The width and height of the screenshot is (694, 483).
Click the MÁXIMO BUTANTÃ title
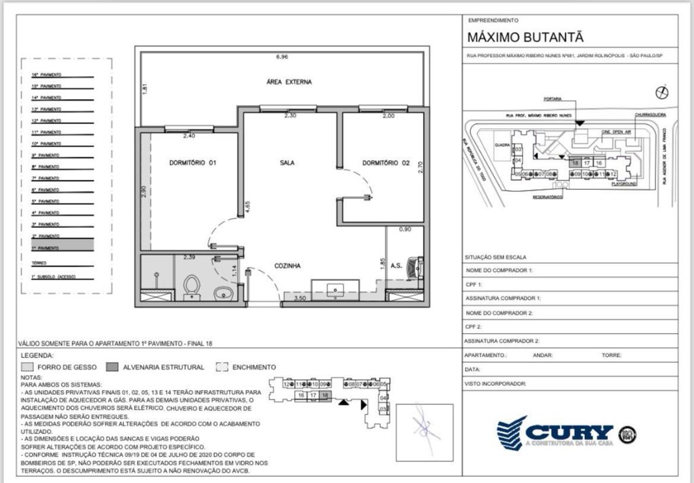click(x=525, y=37)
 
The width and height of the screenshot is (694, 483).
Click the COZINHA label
click(x=287, y=267)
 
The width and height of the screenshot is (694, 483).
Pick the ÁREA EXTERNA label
click(x=289, y=82)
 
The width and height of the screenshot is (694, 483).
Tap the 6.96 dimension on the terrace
click(x=282, y=56)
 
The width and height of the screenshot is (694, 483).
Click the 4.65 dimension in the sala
click(x=249, y=207)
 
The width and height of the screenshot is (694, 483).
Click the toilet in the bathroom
click(x=191, y=287)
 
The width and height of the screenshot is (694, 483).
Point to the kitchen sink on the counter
click(x=336, y=290)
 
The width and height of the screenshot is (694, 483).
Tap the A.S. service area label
click(x=396, y=267)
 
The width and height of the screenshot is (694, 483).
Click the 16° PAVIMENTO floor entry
click(x=46, y=75)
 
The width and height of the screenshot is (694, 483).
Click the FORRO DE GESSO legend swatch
click(x=28, y=368)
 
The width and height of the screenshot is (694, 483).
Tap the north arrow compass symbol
click(x=663, y=92)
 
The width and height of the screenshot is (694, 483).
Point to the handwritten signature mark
click(x=424, y=425)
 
